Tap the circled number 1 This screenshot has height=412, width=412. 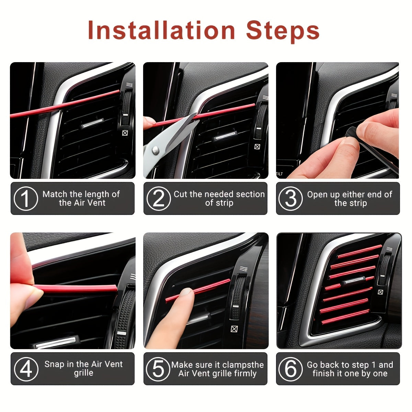26,198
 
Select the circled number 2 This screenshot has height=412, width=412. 159,198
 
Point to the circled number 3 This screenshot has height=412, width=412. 291,198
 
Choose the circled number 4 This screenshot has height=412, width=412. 26,369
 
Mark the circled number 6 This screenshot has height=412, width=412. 291,369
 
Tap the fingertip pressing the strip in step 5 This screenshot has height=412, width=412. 186,293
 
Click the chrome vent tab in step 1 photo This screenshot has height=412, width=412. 92,124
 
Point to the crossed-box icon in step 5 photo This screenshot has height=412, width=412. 234,329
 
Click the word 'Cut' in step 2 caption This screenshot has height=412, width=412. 181,194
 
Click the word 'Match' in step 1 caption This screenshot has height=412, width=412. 55,194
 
